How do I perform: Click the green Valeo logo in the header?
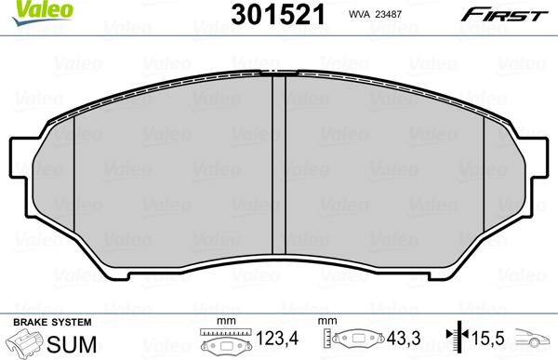point(26,10)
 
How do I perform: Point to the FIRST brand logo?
point(514,13)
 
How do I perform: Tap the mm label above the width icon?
point(223,322)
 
